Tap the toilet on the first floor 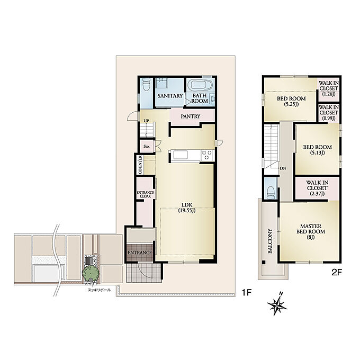(x=146, y=84)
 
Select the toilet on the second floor (x=271, y=192)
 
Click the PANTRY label (x=191, y=116)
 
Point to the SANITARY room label (x=170, y=96)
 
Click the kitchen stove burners (x=206, y=155)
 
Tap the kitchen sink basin (x=181, y=155)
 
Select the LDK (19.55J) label (x=187, y=208)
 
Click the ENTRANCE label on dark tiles (x=140, y=253)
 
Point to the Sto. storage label (x=147, y=146)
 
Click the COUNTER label (x=140, y=165)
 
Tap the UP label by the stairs (x=146, y=121)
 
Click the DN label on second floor (x=283, y=168)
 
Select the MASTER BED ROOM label (x=311, y=232)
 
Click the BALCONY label (x=270, y=241)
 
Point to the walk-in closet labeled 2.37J (x=317, y=188)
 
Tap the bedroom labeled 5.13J (x=317, y=150)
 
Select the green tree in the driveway (x=91, y=273)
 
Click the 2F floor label (x=337, y=273)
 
